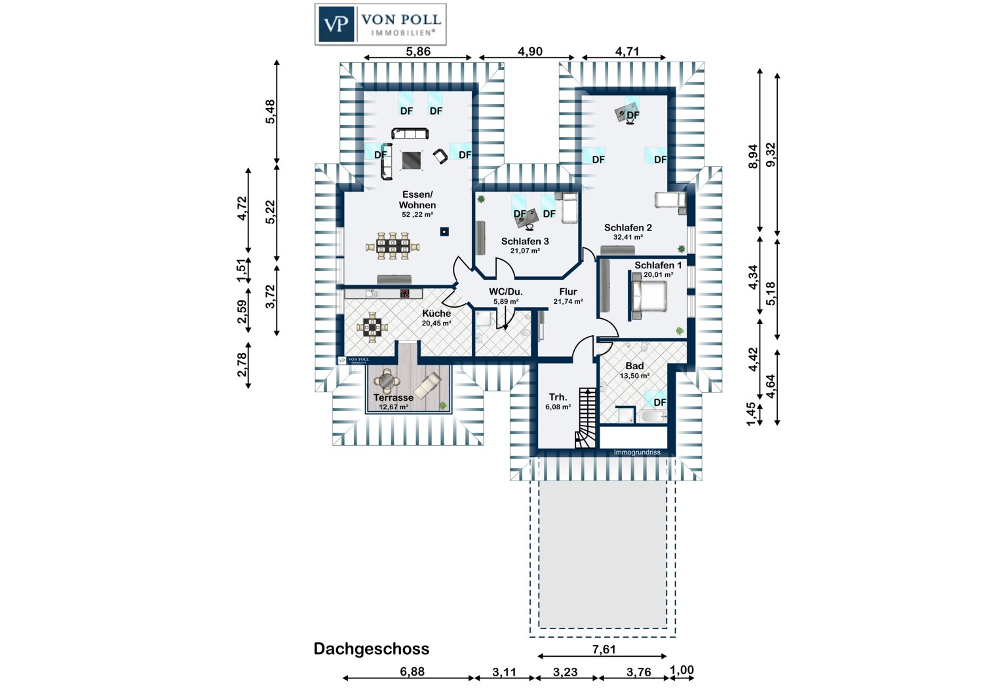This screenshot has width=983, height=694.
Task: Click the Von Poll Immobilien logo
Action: (x=380, y=24)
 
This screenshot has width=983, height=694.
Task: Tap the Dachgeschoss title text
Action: (x=371, y=649)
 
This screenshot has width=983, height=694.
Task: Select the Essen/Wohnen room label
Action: (x=417, y=200)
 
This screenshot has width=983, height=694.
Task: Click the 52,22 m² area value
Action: (x=417, y=215)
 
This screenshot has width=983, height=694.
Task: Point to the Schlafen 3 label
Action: (x=525, y=242)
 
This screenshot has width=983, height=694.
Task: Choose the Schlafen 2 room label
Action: (x=628, y=228)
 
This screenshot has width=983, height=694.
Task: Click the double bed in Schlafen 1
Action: (x=647, y=297)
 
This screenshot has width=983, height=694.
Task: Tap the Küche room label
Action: (x=436, y=314)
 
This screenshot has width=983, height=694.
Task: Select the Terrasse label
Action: (x=393, y=397)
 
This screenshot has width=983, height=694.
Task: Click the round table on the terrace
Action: (x=387, y=379)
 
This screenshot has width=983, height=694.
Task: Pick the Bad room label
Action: (x=634, y=366)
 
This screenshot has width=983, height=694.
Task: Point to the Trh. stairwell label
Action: (x=558, y=397)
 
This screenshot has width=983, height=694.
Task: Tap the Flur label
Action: (x=568, y=292)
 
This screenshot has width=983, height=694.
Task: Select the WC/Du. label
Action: (x=506, y=292)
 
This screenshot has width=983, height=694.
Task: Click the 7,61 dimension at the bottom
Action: (x=604, y=649)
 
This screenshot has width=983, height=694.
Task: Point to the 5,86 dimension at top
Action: (x=418, y=52)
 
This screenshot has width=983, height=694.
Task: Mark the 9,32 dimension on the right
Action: (x=771, y=155)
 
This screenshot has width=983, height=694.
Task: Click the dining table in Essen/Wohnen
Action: (x=393, y=246)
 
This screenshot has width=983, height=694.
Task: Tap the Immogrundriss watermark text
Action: (x=637, y=452)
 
